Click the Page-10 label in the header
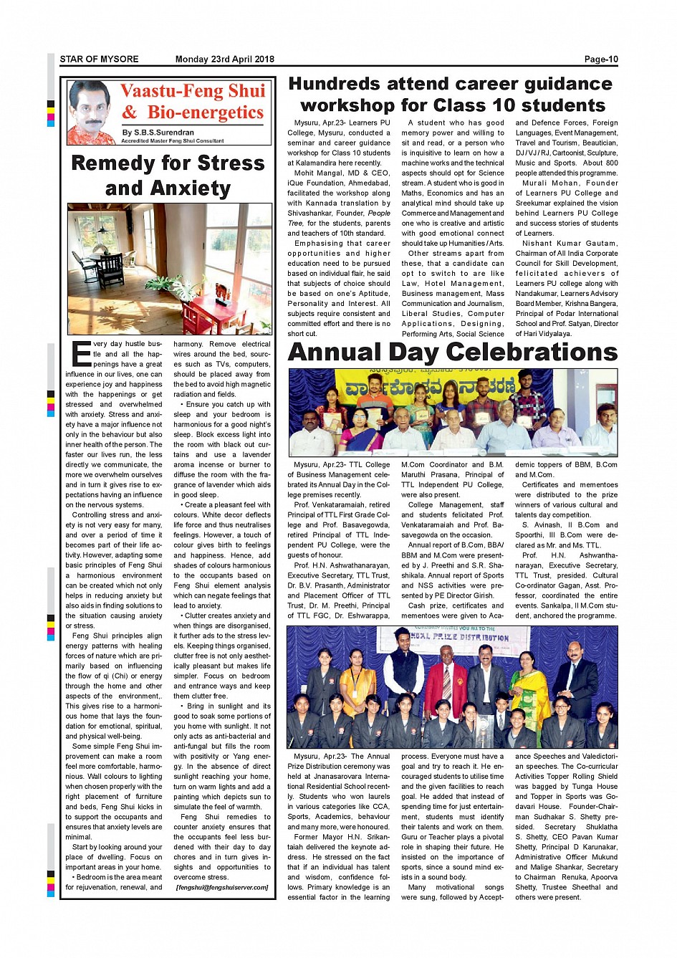coord(600,59)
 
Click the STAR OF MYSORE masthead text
coord(100,59)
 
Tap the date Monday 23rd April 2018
coord(224,59)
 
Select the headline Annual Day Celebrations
coord(452,353)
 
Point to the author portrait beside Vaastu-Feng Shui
coord(92,112)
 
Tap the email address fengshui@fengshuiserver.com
coord(222,887)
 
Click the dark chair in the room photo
coord(110,271)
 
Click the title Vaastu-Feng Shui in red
coord(193,91)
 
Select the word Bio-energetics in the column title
coord(206,112)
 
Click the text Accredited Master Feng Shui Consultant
coord(173,141)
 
